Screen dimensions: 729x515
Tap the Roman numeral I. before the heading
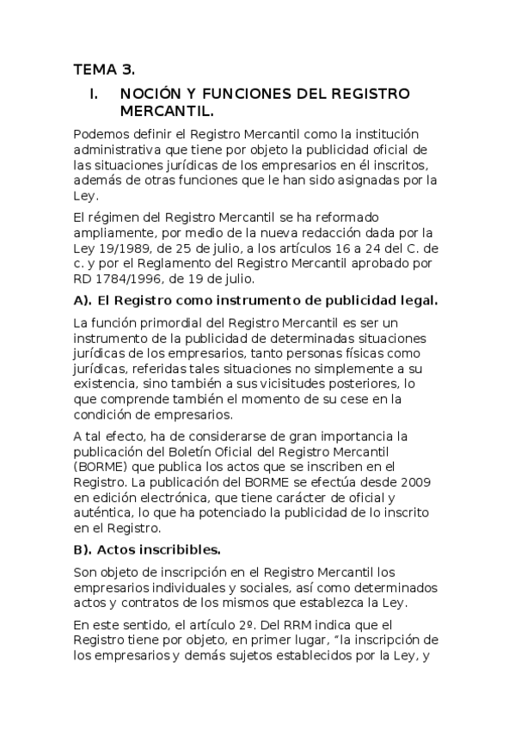[x=95, y=94]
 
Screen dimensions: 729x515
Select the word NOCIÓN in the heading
[x=151, y=94]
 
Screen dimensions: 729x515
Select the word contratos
[x=128, y=602]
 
